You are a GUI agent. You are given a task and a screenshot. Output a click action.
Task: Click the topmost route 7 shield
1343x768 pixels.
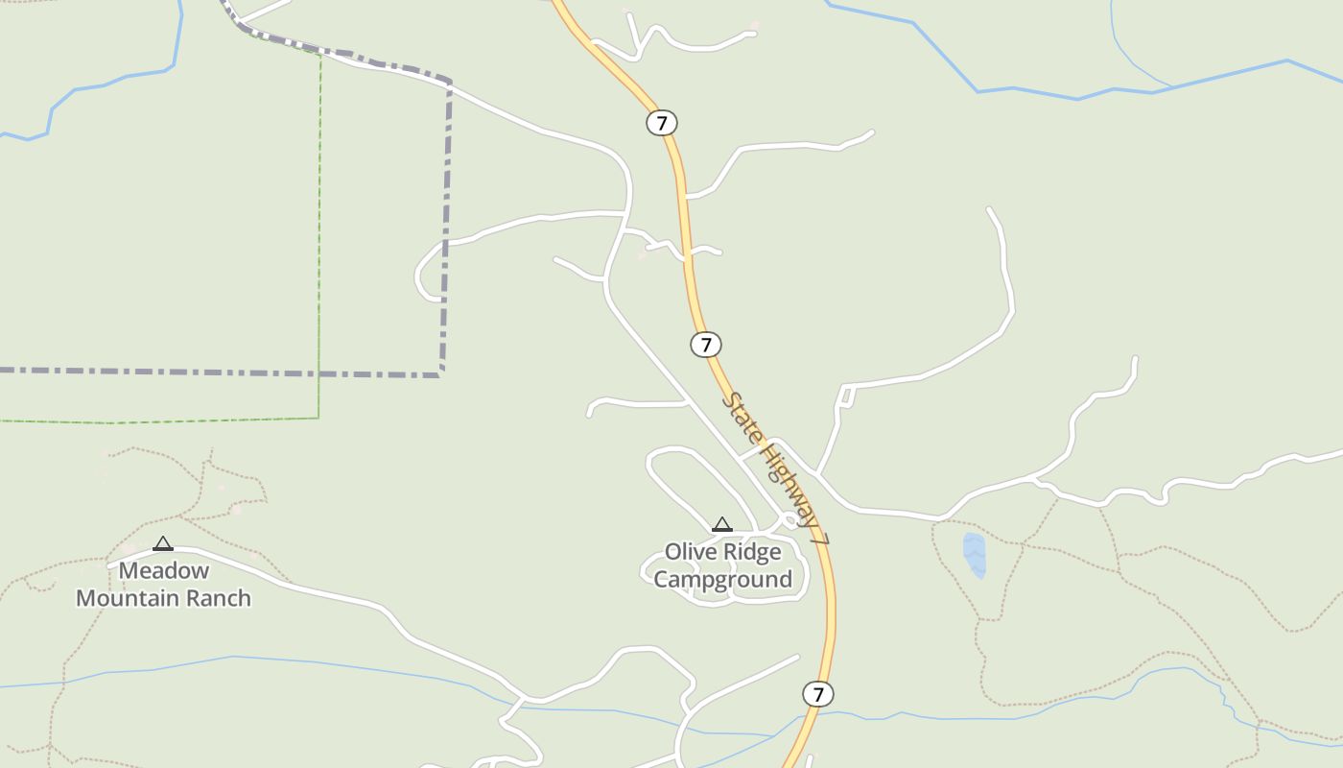pyautogui.click(x=661, y=123)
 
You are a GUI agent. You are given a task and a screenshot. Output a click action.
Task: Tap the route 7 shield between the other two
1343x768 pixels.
pyautogui.click(x=706, y=345)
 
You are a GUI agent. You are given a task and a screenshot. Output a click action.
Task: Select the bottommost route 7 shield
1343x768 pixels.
pyautogui.click(x=817, y=694)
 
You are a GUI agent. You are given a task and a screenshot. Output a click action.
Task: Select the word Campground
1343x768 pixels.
pyautogui.click(x=723, y=579)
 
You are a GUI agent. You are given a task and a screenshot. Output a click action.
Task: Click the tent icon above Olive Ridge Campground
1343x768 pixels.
pyautogui.click(x=722, y=524)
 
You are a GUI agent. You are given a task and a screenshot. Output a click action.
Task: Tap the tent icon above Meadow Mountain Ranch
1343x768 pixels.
pyautogui.click(x=163, y=543)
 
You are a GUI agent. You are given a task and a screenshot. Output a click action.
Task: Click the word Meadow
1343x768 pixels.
pyautogui.click(x=164, y=570)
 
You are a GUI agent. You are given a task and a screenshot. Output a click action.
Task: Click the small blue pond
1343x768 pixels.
pyautogui.click(x=974, y=555)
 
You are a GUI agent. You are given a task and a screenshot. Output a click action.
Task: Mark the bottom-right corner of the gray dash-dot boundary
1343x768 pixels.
pyautogui.click(x=441, y=373)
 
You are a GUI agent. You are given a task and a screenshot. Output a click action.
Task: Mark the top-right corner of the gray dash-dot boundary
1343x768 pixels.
pyautogui.click(x=449, y=83)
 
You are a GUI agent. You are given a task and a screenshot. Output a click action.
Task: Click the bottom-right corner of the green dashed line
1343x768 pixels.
pyautogui.click(x=318, y=418)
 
